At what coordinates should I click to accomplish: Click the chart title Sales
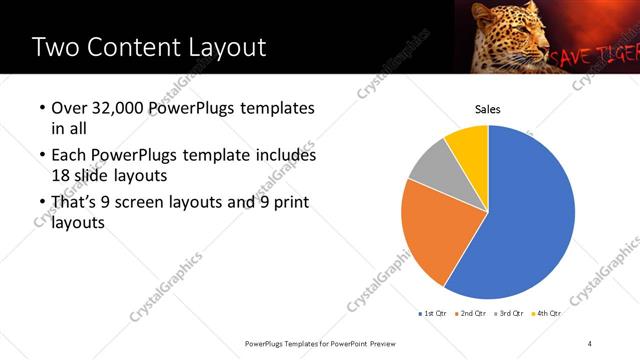point(487,110)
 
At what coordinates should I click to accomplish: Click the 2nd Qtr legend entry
point(473,314)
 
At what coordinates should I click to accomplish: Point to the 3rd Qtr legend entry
point(510,314)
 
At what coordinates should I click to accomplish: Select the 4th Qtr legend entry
point(547,314)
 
